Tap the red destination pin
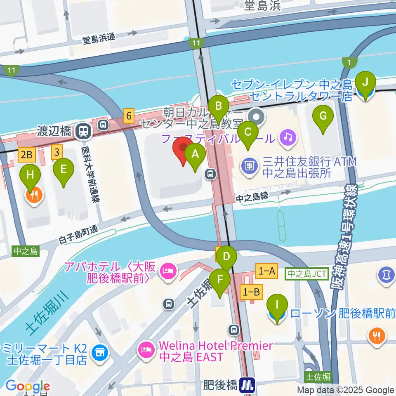pos(182,151)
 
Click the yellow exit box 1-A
pos(266,271)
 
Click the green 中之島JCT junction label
pos(307,273)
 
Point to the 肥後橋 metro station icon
pos(248,386)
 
